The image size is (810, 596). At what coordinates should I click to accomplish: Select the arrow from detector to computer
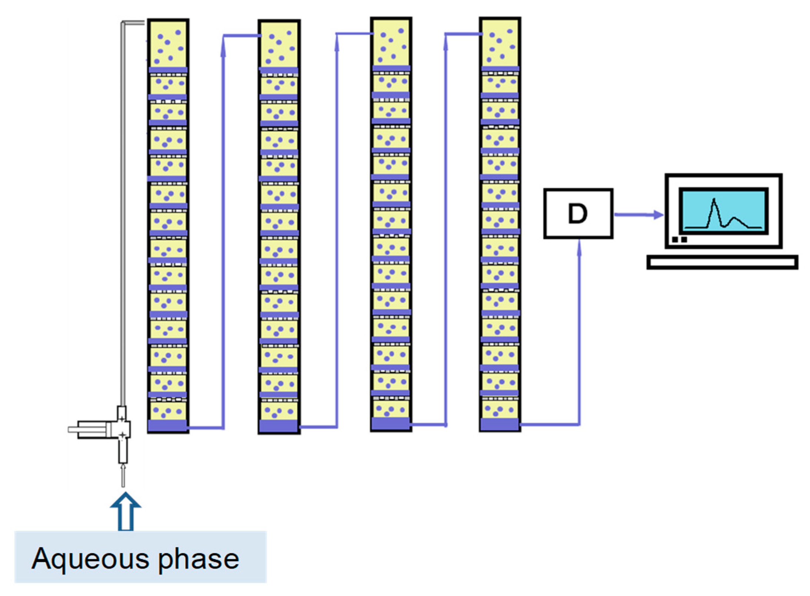(x=639, y=215)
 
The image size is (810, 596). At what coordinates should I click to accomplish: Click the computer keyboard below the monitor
(x=722, y=262)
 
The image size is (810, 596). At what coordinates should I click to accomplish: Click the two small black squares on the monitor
(x=679, y=240)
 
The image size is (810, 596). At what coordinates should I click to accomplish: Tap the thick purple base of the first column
(x=167, y=425)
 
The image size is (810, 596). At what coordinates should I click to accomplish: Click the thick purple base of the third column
(x=390, y=424)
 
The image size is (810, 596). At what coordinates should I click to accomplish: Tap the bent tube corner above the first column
(x=124, y=23)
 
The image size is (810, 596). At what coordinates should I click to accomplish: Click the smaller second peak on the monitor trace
(x=735, y=219)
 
